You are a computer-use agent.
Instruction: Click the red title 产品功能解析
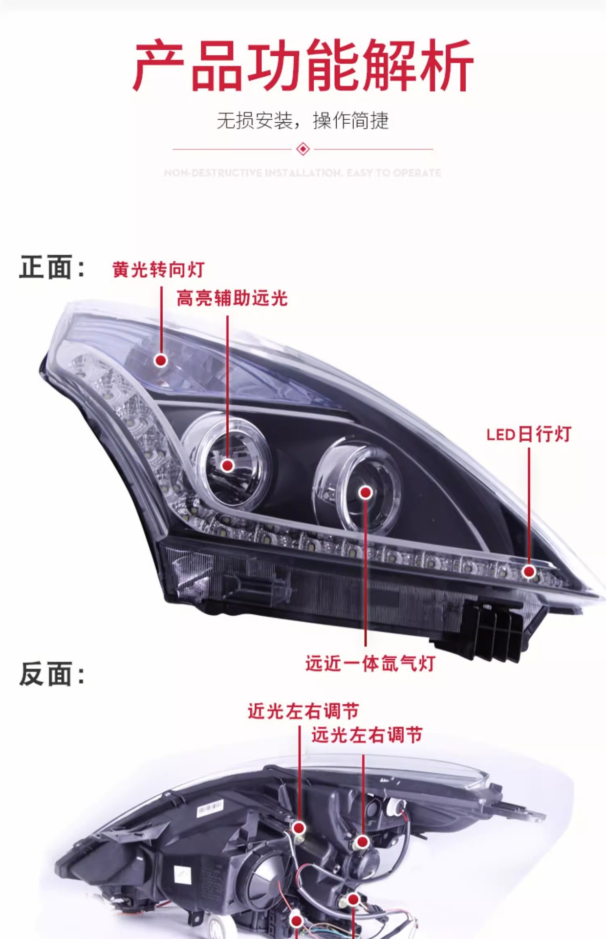303,66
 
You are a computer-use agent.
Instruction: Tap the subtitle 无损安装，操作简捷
303,120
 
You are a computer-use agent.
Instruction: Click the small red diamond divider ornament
303,149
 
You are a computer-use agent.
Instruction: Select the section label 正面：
52,268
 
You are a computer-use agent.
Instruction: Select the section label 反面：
52,674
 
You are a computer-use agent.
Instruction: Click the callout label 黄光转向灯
158,269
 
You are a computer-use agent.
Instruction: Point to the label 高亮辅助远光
232,298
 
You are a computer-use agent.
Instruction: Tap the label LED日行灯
529,434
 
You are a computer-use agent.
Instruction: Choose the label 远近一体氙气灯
370,664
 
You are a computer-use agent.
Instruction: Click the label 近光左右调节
303,711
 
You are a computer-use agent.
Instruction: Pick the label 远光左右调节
367,735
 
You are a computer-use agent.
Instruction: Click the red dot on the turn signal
161,360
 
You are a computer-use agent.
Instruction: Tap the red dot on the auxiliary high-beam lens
227,465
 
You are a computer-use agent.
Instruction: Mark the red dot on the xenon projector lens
366,492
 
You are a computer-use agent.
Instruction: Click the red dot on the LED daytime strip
529,571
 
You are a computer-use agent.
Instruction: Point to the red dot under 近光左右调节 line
299,827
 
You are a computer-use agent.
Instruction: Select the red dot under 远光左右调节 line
363,842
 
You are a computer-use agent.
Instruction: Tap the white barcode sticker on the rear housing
210,810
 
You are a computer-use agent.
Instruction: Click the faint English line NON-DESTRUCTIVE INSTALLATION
303,173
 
